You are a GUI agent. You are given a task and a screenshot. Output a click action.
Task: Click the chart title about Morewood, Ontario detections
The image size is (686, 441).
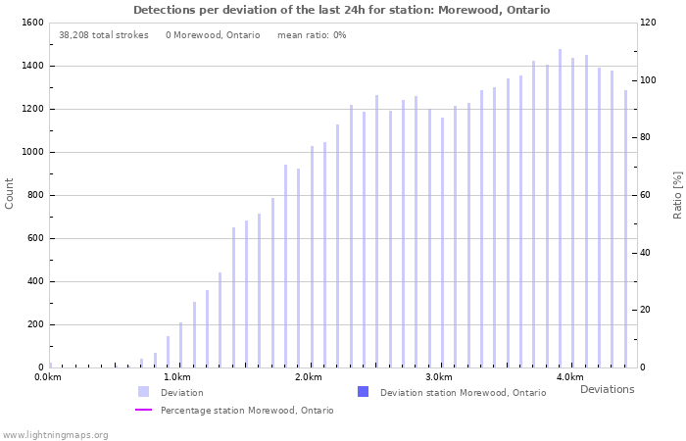[x=341, y=10]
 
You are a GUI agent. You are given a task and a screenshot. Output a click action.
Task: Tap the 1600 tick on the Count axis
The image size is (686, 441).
[x=31, y=23]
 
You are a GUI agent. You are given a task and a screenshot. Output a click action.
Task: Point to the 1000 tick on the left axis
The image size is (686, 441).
[x=31, y=152]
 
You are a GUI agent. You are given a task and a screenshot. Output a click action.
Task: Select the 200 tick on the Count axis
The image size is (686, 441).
[x=34, y=324]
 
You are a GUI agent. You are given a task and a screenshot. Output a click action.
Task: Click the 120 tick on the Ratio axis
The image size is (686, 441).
[x=650, y=23]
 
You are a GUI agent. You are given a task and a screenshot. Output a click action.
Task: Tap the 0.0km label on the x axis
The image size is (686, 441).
[x=48, y=377]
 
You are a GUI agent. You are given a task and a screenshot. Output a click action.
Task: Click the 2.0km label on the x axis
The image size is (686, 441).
[x=308, y=377]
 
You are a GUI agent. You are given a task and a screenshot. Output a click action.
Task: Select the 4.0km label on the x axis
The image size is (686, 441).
[x=569, y=377]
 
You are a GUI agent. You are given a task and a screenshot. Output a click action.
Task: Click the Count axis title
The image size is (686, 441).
[x=10, y=193]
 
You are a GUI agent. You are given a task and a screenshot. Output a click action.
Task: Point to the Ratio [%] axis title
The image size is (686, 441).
[x=677, y=194]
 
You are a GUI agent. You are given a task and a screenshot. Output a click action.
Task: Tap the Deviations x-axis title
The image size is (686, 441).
[x=607, y=389]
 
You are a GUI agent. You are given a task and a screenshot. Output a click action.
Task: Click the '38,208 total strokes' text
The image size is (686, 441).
[x=104, y=35]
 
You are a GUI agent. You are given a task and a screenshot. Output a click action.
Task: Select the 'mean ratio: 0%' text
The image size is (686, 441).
[x=312, y=35]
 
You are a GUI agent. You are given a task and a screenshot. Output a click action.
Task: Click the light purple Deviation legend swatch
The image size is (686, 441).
[x=144, y=392]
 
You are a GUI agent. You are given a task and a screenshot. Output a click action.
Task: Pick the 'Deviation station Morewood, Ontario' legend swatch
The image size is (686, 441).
[x=364, y=392]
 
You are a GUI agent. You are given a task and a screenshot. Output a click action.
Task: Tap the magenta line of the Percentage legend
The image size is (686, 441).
[x=144, y=411]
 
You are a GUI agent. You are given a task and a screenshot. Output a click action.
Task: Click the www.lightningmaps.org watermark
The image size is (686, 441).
[x=56, y=434]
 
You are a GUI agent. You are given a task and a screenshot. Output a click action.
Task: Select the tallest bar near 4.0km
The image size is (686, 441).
[x=560, y=208]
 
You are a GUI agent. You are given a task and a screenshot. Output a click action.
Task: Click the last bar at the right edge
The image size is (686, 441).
[x=625, y=228]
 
